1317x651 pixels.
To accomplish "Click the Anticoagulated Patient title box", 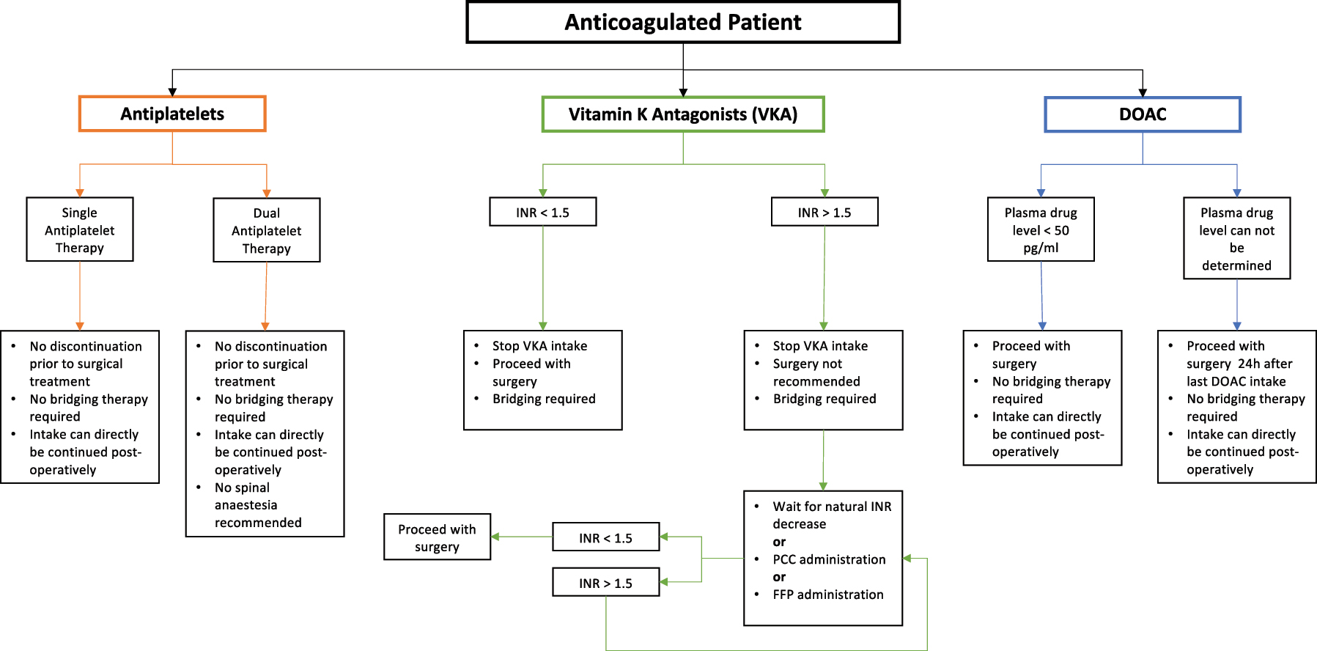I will tap(682, 23).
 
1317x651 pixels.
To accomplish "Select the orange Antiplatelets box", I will tap(172, 114).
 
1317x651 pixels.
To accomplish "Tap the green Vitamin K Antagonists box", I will tap(682, 114).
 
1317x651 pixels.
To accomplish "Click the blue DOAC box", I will tap(1142, 114).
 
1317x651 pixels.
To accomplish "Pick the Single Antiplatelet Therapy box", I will tap(80, 229).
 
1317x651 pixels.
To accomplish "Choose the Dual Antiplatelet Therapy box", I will tap(267, 230).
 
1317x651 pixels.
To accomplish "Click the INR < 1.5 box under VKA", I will tap(542, 212).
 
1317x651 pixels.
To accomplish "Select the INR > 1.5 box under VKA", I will tap(824, 212).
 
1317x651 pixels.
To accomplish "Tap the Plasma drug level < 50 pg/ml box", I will tap(1041, 229).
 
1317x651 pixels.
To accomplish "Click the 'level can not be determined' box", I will tap(1236, 238).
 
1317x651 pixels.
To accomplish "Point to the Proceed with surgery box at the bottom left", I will tap(437, 537).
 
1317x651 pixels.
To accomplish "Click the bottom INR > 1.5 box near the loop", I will tap(605, 583).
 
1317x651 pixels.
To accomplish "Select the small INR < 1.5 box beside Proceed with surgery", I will tap(605, 537).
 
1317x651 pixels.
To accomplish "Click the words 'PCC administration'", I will tap(829, 559).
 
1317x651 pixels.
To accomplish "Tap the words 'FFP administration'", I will tap(827, 595).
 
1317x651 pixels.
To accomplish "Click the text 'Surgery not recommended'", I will tap(816, 372).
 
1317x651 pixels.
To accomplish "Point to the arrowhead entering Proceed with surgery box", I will tap(495, 537).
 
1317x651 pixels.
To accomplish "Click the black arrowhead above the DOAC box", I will tap(1142, 92).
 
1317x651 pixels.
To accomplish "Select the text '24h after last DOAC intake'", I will tap(1239, 372).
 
